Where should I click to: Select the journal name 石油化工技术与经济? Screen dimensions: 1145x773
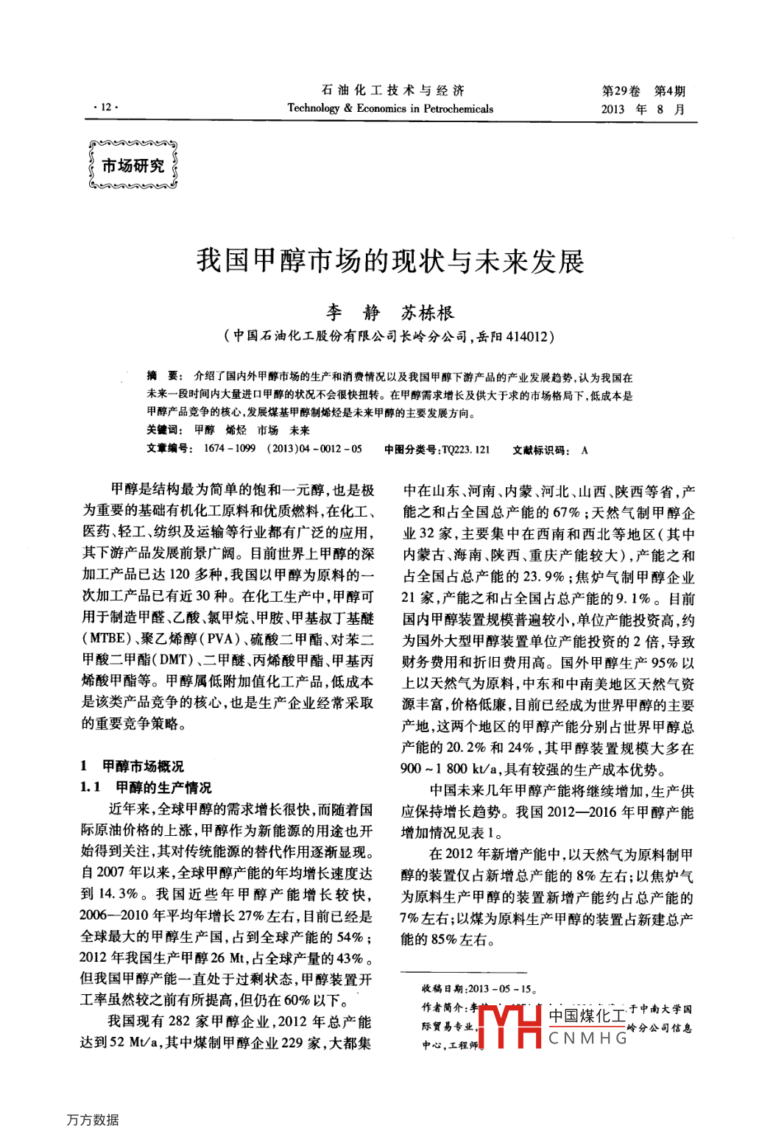click(x=392, y=91)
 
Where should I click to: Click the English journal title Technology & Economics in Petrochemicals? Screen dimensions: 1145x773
click(x=390, y=108)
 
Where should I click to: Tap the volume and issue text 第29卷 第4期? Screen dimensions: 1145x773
click(x=643, y=91)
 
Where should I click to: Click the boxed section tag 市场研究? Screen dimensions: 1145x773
click(x=133, y=166)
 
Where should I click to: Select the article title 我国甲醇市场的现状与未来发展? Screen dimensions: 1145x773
click(x=390, y=261)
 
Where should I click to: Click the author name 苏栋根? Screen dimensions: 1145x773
click(x=428, y=313)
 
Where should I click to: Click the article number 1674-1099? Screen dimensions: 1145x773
click(x=229, y=449)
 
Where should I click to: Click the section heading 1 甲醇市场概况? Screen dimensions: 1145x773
click(x=133, y=766)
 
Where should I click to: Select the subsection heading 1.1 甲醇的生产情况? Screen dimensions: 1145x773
click(x=146, y=787)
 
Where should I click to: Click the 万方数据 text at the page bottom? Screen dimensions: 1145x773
click(x=92, y=1119)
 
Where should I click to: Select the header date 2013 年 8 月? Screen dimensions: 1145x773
click(x=643, y=109)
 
